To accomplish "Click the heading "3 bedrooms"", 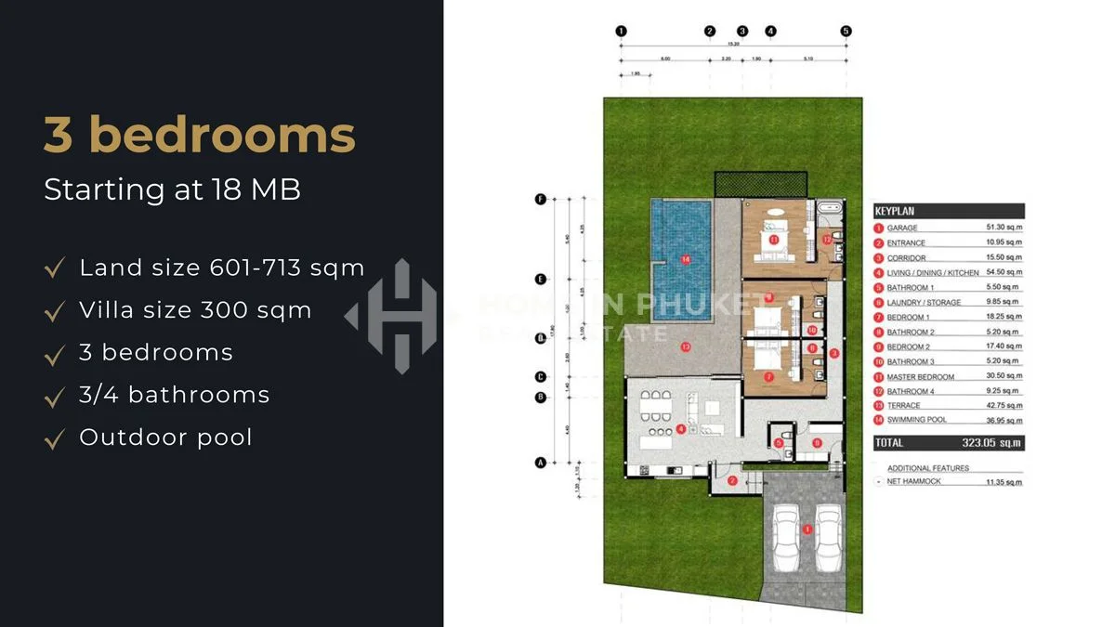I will (x=200, y=136).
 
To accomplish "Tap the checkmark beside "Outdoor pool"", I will (x=55, y=438).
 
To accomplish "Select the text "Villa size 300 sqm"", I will (x=195, y=310).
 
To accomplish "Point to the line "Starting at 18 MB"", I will (x=172, y=189).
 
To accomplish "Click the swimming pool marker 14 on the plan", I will (x=686, y=259).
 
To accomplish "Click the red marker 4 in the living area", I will (x=681, y=429).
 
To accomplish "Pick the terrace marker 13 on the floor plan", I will (x=686, y=347).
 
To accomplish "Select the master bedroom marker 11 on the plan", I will (x=773, y=239).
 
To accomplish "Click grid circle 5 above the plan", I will (x=846, y=31).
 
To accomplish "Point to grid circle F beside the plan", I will (x=540, y=199).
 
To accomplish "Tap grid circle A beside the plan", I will (x=540, y=462).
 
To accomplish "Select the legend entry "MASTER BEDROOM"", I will (x=920, y=376).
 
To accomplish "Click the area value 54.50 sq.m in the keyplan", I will (x=1003, y=272).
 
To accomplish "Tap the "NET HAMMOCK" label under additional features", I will (x=914, y=481).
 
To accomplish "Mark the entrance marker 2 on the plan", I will (x=732, y=480).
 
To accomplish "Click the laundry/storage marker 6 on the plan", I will (x=817, y=442).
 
